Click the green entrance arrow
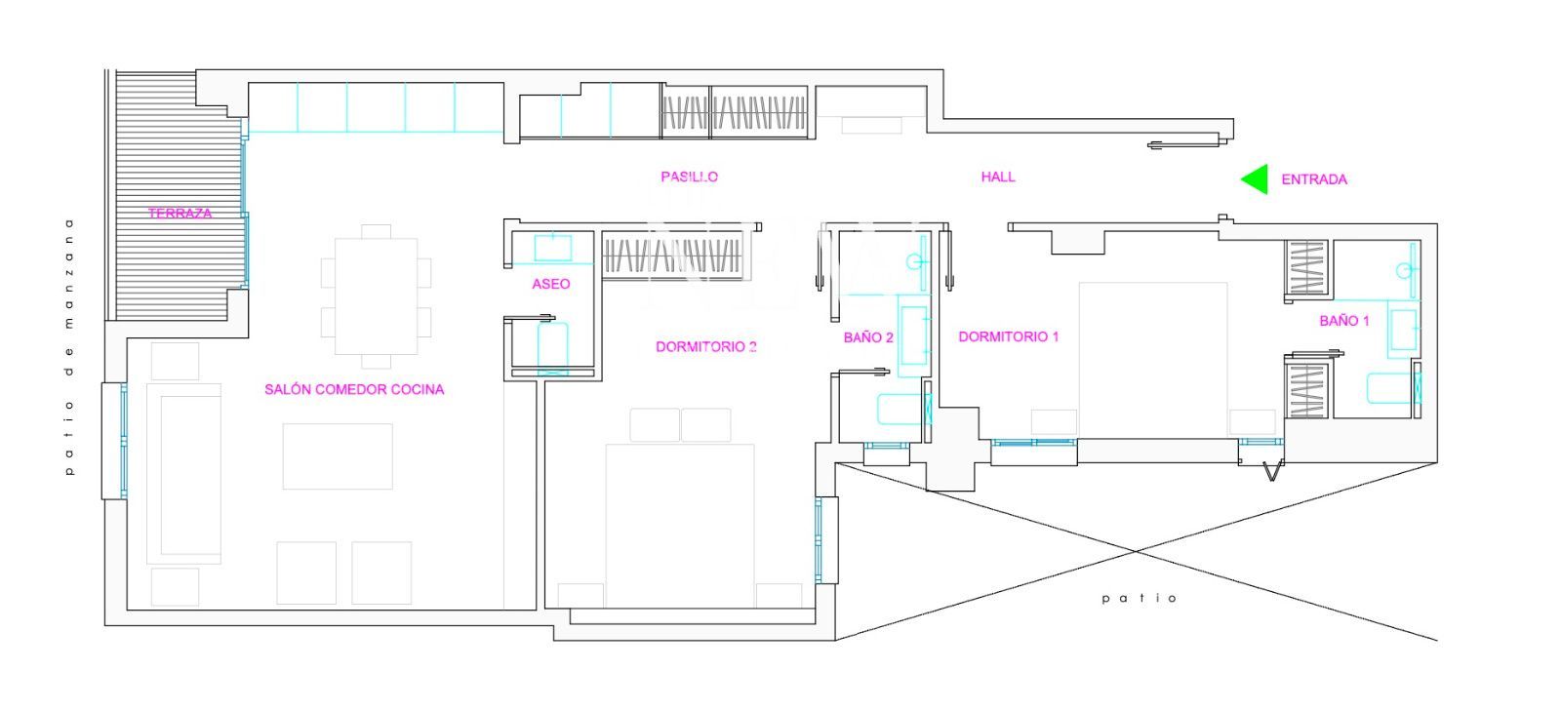(1257, 179)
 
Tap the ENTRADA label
(1314, 179)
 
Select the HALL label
(998, 177)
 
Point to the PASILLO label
(689, 177)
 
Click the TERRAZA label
(180, 214)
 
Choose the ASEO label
(550, 284)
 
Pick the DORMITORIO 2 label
(706, 346)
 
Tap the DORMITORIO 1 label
(1009, 336)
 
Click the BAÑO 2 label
(868, 337)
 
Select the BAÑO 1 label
(1344, 321)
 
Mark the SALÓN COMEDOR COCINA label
(354, 389)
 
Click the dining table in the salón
(376, 296)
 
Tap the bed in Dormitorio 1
(1152, 360)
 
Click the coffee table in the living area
(338, 456)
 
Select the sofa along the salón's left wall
(184, 474)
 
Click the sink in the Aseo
(552, 249)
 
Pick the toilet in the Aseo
(552, 346)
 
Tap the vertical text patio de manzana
(68, 347)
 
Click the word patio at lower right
(1140, 599)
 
